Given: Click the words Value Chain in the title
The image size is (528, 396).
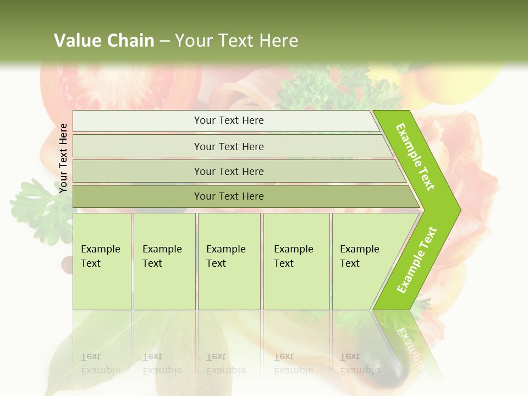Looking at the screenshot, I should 104,40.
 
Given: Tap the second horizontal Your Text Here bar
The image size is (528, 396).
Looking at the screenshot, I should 228,146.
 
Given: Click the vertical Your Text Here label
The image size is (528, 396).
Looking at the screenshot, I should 63,158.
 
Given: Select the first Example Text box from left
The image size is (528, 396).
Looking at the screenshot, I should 102,261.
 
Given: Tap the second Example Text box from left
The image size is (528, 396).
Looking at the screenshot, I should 164,261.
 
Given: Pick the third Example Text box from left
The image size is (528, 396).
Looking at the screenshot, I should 229,261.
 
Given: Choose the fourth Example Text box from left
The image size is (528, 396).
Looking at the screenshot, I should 296,261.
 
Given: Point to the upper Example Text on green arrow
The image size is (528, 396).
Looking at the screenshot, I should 415,157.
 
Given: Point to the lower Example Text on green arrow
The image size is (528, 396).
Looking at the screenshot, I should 416,260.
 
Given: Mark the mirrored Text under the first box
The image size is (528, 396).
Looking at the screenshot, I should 91,356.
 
